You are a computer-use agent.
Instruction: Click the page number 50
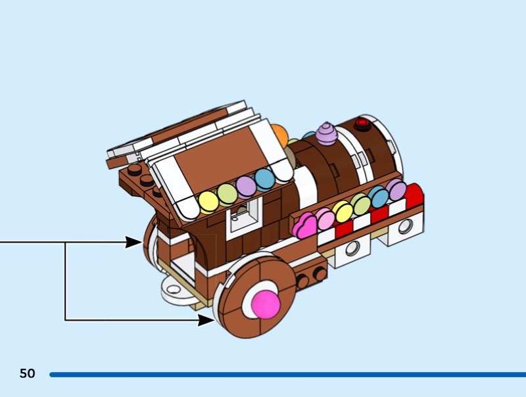coord(27,374)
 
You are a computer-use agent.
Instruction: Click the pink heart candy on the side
coord(306,226)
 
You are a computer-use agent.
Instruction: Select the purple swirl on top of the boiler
coord(326,134)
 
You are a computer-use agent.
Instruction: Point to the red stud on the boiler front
coord(361,123)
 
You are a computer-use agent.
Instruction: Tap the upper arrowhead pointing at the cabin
coord(134,243)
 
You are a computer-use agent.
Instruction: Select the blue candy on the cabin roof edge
coord(265,179)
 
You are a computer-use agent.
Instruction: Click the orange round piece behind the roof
coord(280,136)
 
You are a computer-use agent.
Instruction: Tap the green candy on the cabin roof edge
coord(227,193)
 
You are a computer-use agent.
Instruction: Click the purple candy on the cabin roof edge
coord(247,186)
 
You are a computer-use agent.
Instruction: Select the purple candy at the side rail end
coord(396,190)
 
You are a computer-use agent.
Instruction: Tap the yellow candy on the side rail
coord(343,210)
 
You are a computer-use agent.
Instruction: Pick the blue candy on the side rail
coord(379,196)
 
